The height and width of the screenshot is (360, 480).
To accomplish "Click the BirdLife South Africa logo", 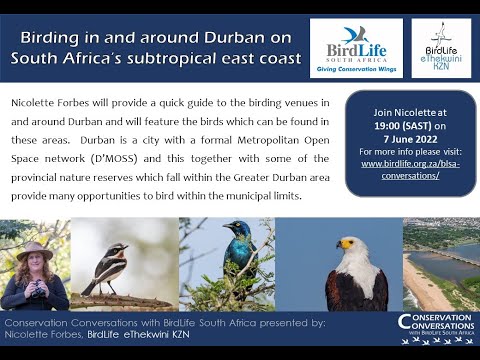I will pos(356,46).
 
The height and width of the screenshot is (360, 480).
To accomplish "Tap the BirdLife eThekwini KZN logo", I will pos(441,47).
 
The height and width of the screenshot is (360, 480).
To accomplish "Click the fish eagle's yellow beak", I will pos(344,244).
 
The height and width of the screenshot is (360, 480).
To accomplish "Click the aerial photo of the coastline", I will pos(440,264).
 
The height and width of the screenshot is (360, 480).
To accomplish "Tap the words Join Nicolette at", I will pos(410,112).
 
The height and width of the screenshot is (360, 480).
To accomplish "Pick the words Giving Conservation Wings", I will pos(356,69).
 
